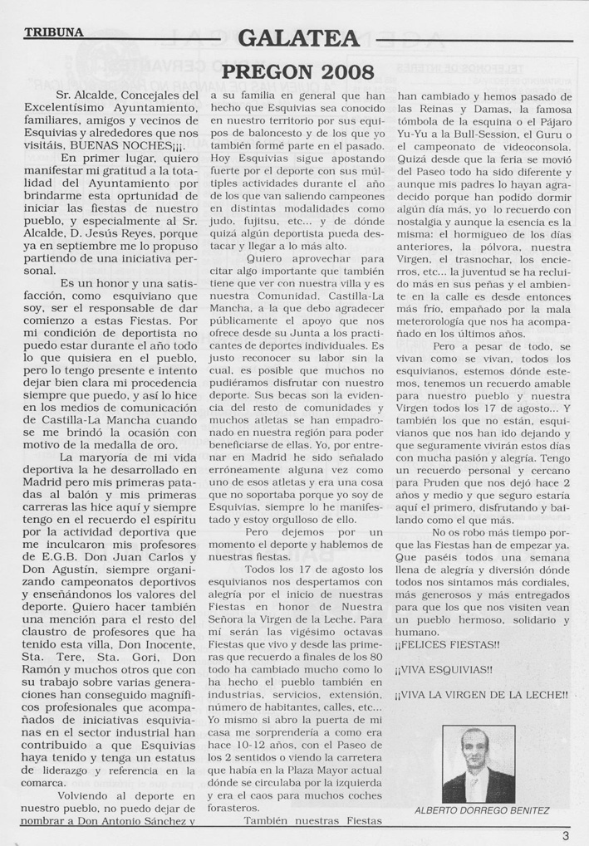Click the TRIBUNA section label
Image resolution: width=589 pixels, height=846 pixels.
[x=54, y=33]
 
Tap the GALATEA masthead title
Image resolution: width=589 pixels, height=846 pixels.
[x=297, y=39]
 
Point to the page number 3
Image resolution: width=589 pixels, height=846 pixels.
[x=565, y=835]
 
